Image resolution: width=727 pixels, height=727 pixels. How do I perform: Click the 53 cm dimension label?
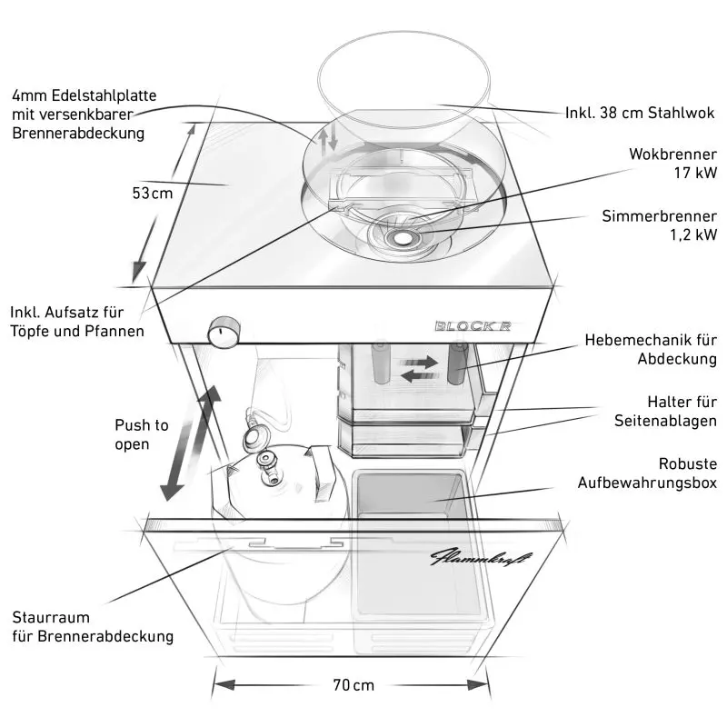152,194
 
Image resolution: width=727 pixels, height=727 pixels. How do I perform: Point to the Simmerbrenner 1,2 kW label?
659,225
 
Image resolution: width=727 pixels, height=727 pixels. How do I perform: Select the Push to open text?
141,434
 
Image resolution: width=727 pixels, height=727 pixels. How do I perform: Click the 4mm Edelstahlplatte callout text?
85,114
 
